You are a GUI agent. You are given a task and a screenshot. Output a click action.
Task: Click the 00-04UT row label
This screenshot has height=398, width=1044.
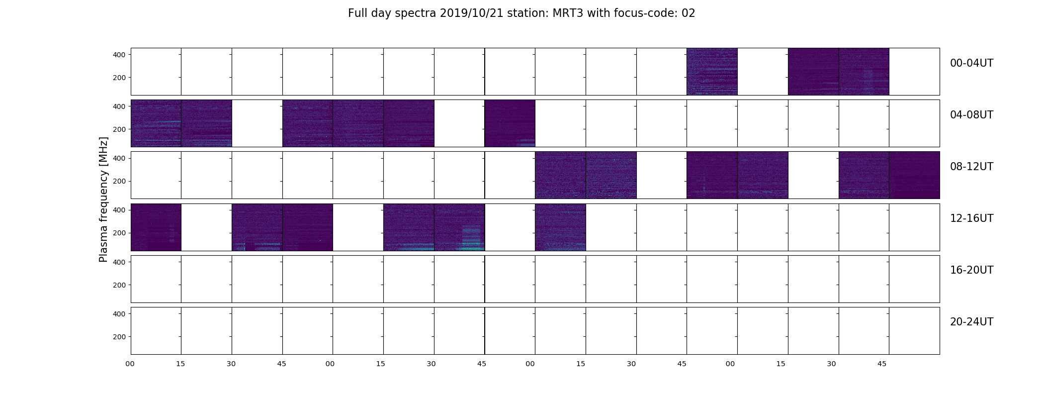click(x=971, y=63)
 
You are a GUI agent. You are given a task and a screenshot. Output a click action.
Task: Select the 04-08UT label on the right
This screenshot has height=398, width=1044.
click(x=971, y=115)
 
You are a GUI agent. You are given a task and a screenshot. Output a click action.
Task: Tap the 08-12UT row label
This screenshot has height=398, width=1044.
click(x=971, y=167)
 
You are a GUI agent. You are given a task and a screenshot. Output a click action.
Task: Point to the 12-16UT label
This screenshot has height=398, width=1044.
click(x=971, y=218)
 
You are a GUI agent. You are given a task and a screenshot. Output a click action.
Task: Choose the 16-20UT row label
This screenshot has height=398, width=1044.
click(x=971, y=270)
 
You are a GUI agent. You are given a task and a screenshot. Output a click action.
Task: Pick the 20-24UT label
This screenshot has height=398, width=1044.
click(x=971, y=322)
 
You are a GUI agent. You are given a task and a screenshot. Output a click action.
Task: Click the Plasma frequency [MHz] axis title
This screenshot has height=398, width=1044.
click(x=103, y=199)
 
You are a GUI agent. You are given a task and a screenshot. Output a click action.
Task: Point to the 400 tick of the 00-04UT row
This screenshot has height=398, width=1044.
click(x=119, y=55)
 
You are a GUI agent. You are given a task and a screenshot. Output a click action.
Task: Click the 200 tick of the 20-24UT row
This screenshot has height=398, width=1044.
click(x=119, y=337)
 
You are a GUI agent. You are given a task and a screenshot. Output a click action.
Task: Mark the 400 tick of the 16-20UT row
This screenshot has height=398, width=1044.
click(x=119, y=262)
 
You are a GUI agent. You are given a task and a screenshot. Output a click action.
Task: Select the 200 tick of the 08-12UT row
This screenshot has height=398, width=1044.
click(x=119, y=182)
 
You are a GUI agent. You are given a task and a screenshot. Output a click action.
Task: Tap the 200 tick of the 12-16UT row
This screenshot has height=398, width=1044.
click(x=119, y=233)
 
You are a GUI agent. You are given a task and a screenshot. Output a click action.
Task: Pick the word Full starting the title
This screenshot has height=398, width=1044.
click(x=356, y=13)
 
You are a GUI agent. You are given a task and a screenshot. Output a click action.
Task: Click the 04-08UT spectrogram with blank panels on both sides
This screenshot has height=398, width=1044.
click(x=510, y=123)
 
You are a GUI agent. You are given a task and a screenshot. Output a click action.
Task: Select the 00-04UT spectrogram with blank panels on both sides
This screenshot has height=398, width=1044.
click(x=712, y=72)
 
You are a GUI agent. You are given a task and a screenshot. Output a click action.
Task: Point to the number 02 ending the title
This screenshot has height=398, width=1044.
click(x=688, y=13)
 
